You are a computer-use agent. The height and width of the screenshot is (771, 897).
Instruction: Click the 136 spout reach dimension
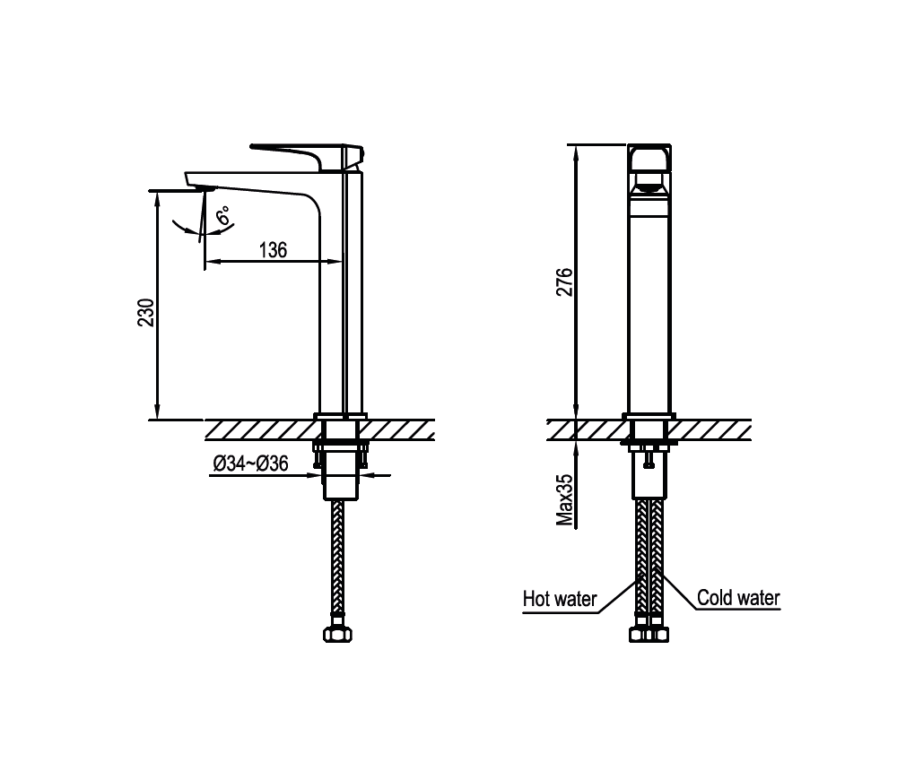coord(273,250)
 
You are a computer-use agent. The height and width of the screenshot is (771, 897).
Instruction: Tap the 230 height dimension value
coord(146,312)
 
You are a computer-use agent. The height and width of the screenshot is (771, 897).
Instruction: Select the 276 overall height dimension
coord(564,282)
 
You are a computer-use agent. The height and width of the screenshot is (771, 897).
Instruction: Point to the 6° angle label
coord(223,215)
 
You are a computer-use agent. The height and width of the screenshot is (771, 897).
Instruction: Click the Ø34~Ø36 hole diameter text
coord(250,463)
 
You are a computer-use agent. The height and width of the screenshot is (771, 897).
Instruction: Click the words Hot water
coord(560,599)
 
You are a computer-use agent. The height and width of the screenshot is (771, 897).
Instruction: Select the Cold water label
coord(738,598)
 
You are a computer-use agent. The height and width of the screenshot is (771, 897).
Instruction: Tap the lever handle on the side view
coord(307,156)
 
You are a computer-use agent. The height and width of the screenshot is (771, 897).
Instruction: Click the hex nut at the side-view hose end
coord(337,635)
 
